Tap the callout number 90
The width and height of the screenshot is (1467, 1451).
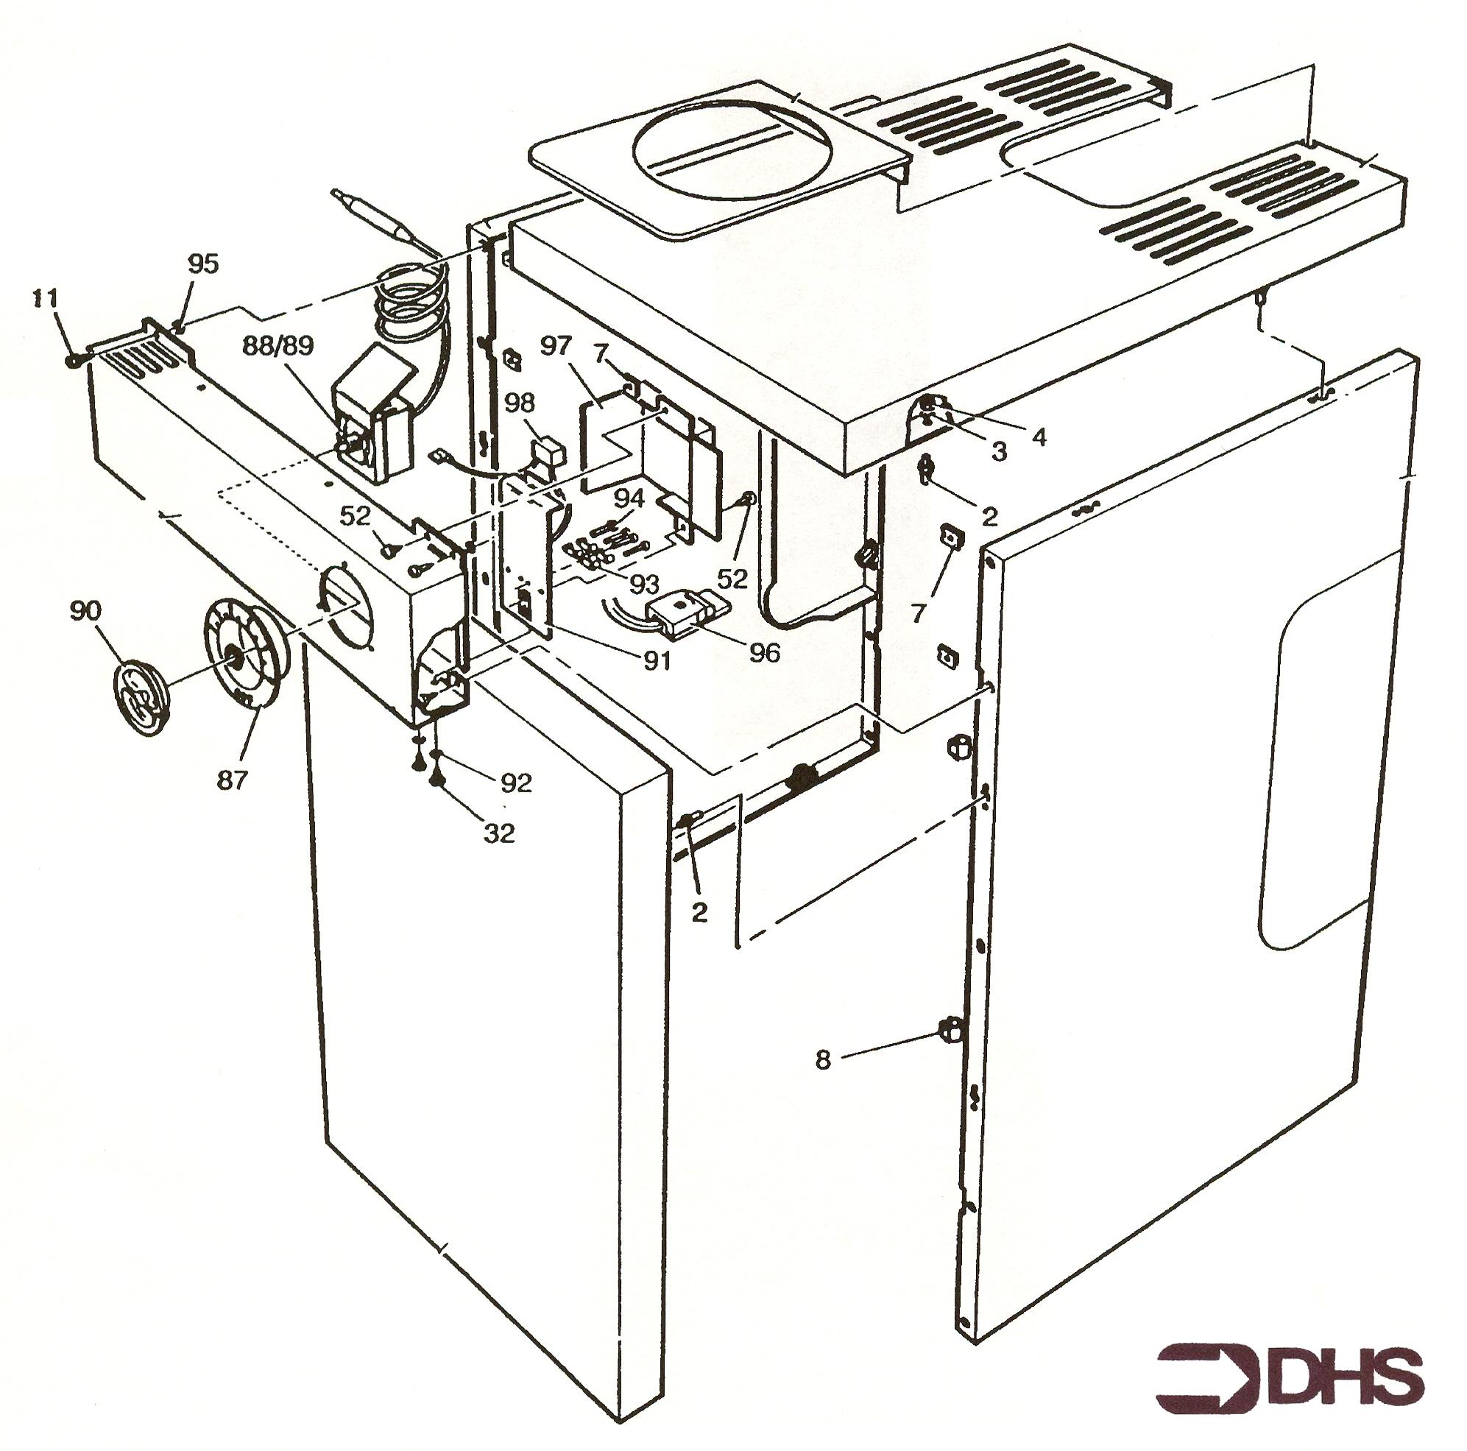click(86, 610)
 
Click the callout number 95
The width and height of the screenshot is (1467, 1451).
click(203, 264)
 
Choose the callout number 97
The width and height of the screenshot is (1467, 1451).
click(556, 346)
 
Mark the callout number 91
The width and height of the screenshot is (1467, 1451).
click(657, 660)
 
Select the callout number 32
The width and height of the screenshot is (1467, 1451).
click(499, 833)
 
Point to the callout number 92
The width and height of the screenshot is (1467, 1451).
click(516, 783)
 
